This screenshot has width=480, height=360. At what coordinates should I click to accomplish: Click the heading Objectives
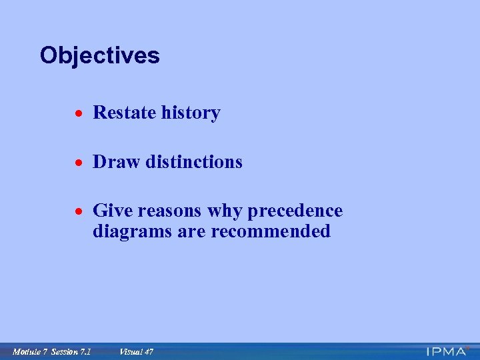point(99,55)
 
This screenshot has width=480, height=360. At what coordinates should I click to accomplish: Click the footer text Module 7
point(29,351)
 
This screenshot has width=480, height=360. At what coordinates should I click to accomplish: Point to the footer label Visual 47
point(136,351)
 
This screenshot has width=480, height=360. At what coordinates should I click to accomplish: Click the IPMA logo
point(447,351)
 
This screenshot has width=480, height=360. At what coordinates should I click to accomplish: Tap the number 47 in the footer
point(147,351)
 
